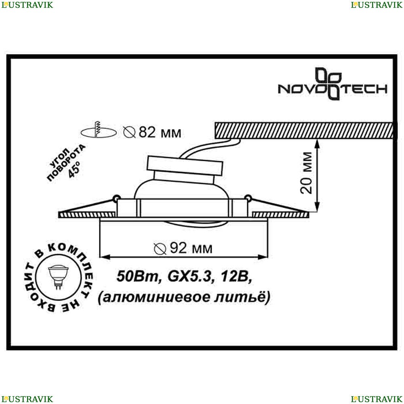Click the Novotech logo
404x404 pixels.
click(x=332, y=84)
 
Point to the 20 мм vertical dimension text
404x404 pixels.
click(x=306, y=173)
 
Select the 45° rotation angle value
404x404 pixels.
click(x=74, y=170)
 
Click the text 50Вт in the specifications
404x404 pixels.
click(x=137, y=276)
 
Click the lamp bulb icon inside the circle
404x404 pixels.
click(x=58, y=277)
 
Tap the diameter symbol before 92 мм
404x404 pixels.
click(x=160, y=248)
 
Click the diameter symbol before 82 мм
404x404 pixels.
click(x=129, y=133)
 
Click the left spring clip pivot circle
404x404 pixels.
click(x=116, y=198)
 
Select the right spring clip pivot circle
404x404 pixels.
click(x=248, y=198)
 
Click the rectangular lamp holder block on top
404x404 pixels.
click(x=185, y=166)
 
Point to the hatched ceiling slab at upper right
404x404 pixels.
click(x=304, y=130)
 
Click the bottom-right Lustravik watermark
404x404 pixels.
click(x=377, y=399)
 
